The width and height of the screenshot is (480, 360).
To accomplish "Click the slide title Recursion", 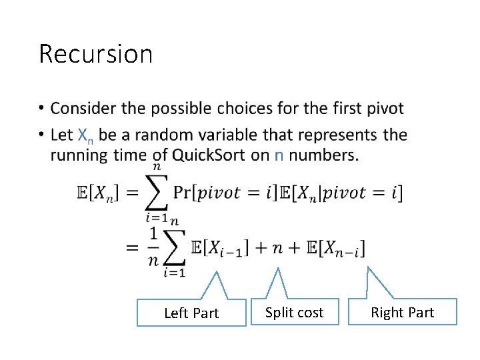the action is (x=95, y=54).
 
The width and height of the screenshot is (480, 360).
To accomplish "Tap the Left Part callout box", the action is (x=191, y=313).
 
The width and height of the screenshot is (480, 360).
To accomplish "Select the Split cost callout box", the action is (x=294, y=312).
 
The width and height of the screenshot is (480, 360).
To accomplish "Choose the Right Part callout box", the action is (x=402, y=312).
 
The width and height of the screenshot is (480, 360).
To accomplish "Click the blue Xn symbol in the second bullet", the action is (x=85, y=135).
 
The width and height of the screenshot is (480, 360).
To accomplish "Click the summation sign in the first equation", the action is (x=157, y=193).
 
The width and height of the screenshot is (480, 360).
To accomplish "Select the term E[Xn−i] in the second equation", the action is (x=335, y=249).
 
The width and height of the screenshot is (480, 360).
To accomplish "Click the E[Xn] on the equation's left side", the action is (x=97, y=193).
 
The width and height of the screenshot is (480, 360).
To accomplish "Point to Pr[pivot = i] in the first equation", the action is (x=224, y=193).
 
